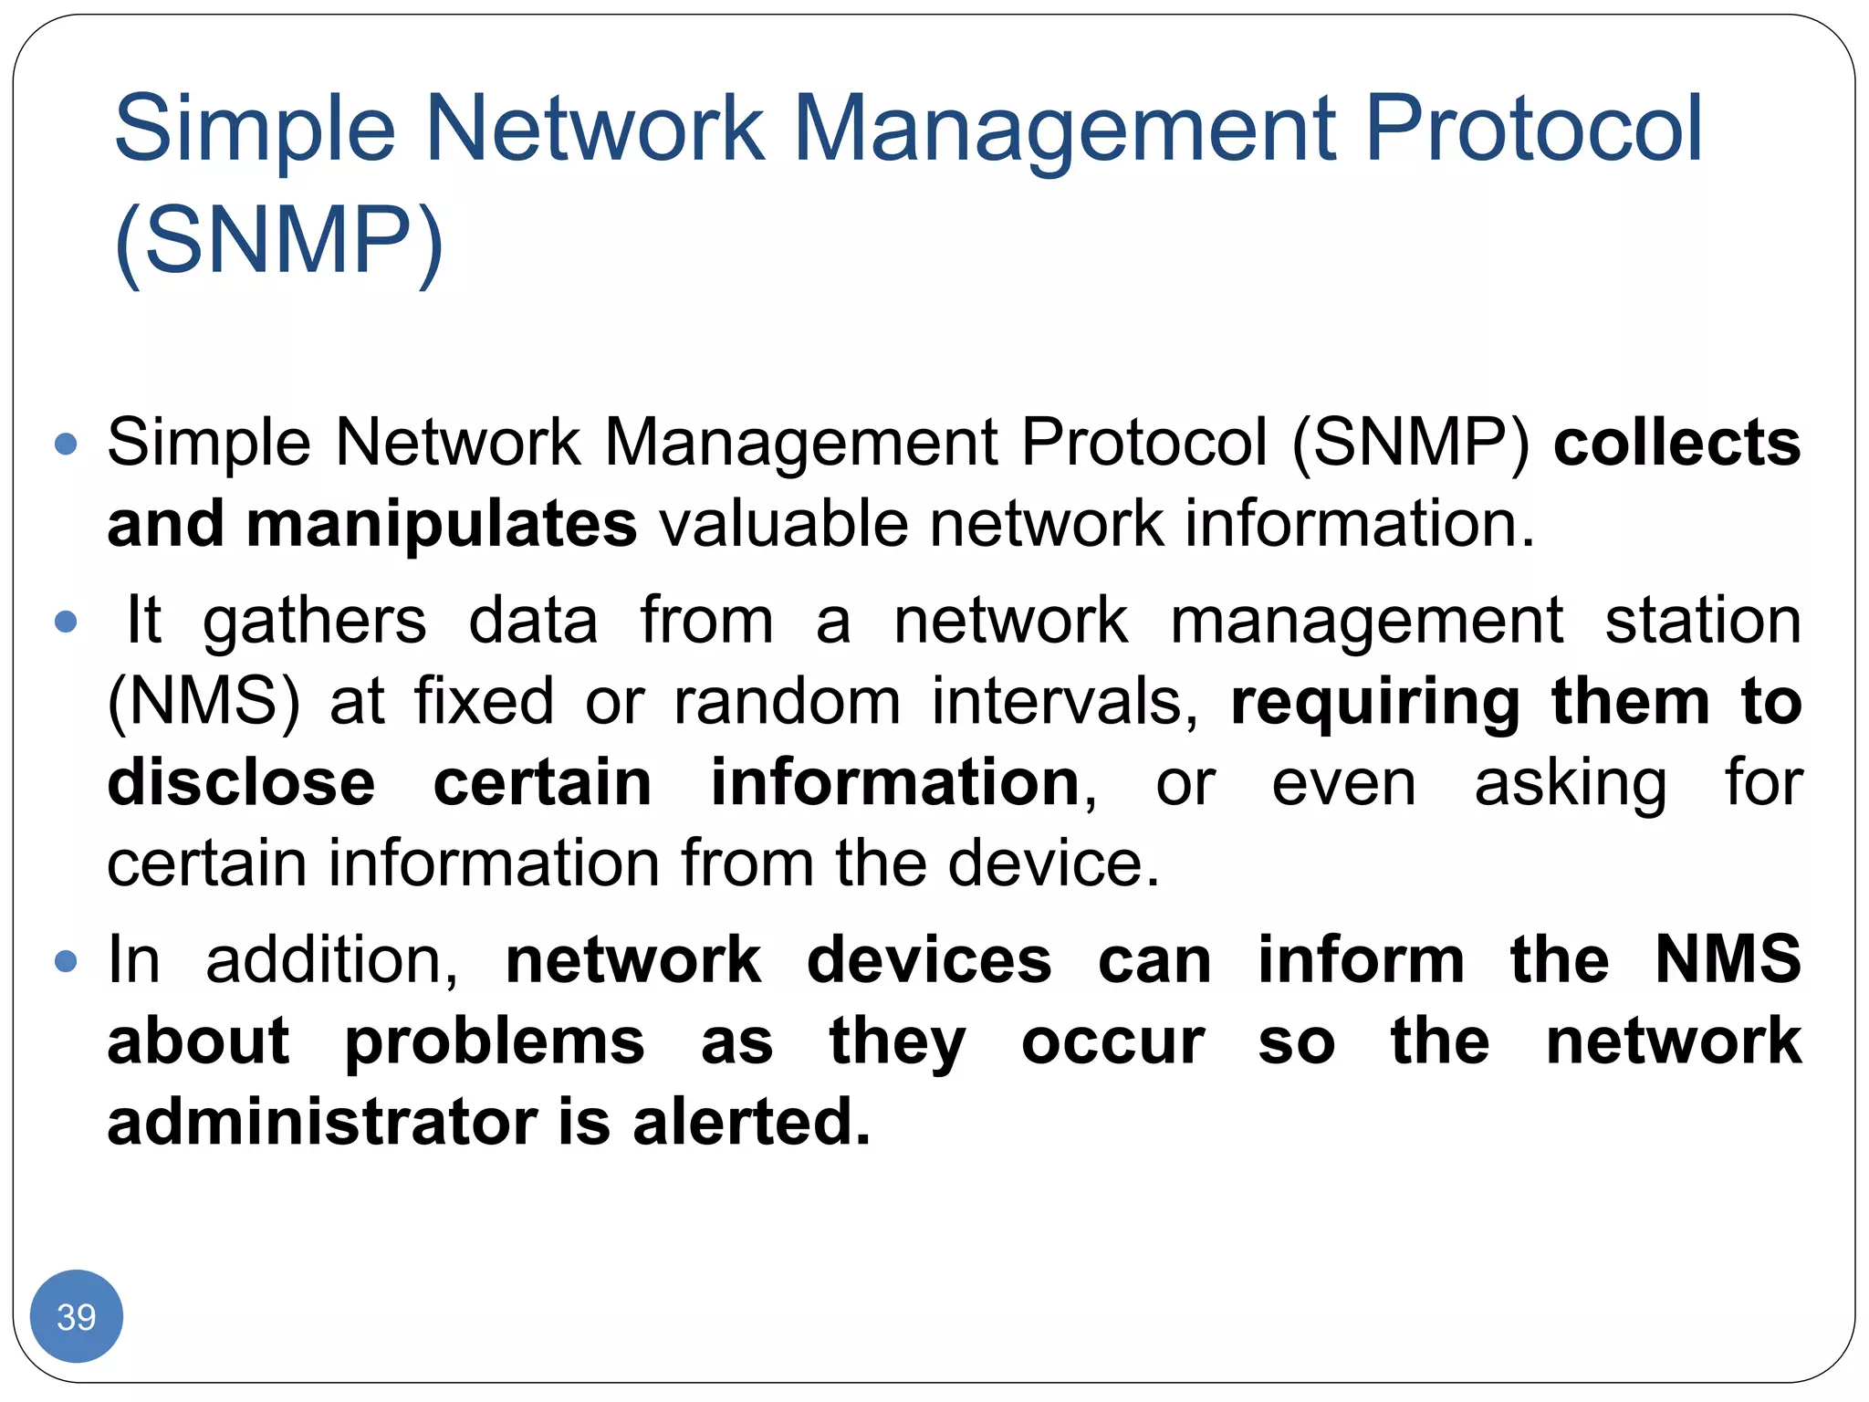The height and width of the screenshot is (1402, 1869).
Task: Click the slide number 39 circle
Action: click(77, 1316)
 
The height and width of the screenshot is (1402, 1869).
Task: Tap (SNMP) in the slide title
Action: click(279, 241)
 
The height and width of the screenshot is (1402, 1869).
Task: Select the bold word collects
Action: click(1677, 444)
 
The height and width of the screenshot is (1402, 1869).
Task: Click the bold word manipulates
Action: click(442, 526)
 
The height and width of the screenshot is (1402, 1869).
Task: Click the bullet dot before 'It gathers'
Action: click(66, 623)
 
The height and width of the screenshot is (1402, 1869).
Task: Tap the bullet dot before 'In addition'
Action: click(66, 961)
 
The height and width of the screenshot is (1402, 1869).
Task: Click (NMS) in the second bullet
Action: click(204, 702)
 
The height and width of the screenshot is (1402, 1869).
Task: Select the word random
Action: click(787, 702)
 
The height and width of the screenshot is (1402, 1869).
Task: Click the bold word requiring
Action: click(1375, 704)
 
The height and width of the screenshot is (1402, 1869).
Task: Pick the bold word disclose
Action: click(242, 783)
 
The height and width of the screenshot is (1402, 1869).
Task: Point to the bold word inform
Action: click(1362, 961)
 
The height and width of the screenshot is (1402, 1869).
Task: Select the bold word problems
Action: click(495, 1043)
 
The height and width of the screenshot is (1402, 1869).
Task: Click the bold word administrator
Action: click(322, 1123)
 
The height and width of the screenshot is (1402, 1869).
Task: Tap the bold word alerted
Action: click(751, 1123)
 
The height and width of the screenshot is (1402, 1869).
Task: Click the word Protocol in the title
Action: click(1533, 130)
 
